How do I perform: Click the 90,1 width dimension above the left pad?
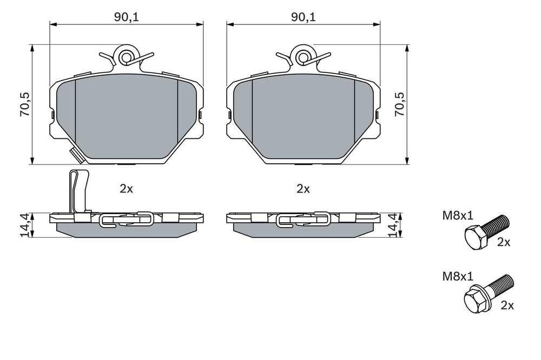[x=126, y=17]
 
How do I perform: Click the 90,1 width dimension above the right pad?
[x=304, y=17]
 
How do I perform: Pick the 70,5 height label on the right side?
[x=400, y=104]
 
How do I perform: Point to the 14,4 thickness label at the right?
[x=393, y=225]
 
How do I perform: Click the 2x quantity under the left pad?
[x=126, y=189]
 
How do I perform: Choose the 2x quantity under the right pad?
[x=304, y=189]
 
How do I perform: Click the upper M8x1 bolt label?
[x=458, y=216]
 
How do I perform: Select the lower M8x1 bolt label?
[x=458, y=276]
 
